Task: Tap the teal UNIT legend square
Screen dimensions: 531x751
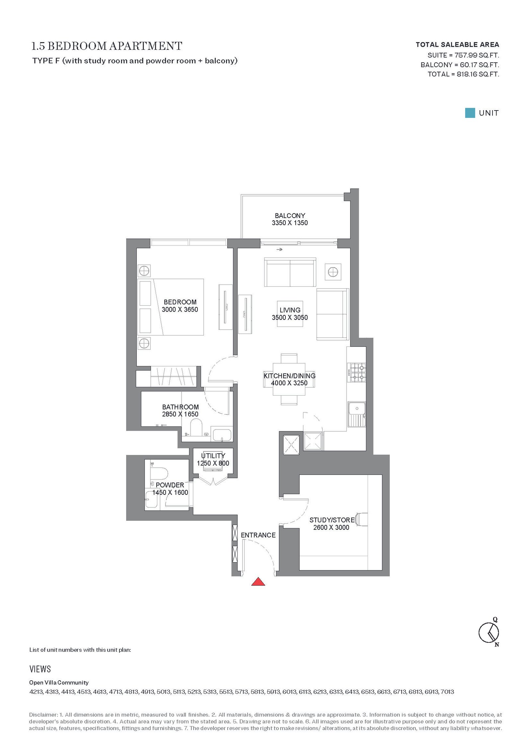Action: point(470,113)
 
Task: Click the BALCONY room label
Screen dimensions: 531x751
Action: point(290,215)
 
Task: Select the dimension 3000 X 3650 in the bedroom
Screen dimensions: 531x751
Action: point(180,309)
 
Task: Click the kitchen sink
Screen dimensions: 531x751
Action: point(357,414)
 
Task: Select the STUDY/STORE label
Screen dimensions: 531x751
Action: point(332,520)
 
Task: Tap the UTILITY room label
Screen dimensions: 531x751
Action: point(213,456)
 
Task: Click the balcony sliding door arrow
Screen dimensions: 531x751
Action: point(279,250)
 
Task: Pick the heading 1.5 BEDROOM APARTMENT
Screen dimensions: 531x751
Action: point(107,46)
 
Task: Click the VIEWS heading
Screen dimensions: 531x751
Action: point(40,669)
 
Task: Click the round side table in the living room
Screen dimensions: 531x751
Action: point(333,272)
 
